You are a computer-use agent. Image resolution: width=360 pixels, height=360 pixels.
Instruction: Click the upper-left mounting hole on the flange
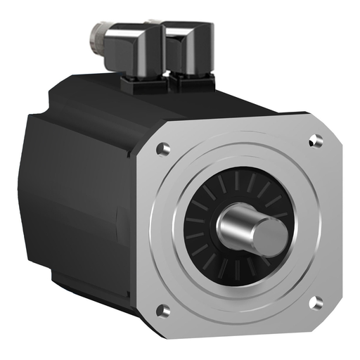tap(163, 149)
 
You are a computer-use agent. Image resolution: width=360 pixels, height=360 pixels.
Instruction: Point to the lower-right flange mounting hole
tap(316, 303)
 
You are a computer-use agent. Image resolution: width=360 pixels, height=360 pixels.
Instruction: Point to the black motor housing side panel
tap(77, 211)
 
